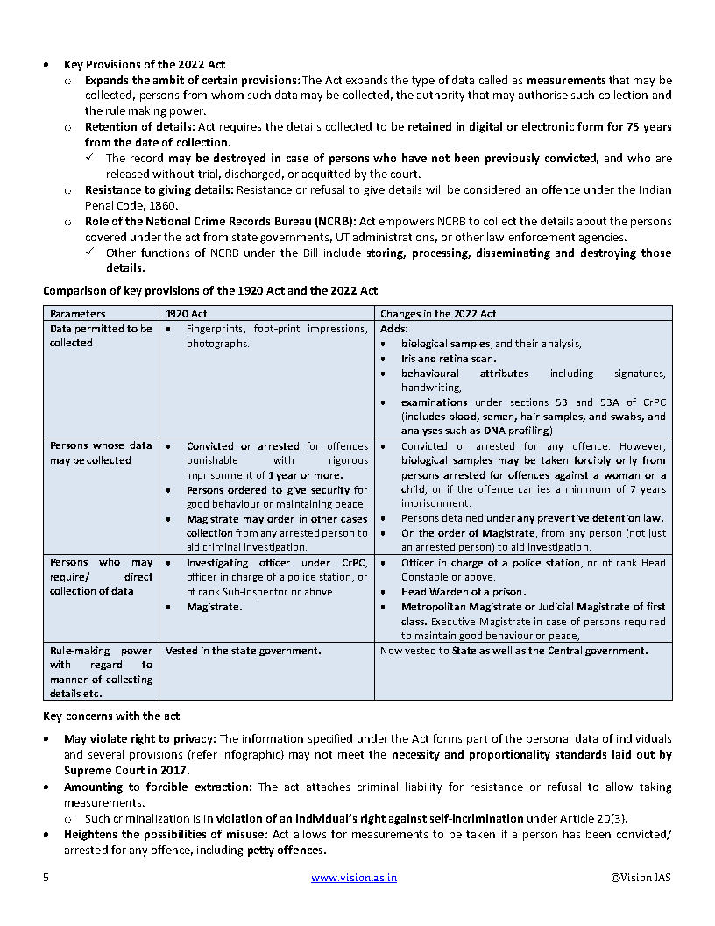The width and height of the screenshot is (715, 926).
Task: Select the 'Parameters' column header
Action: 77,313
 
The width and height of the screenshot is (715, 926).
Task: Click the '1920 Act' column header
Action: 187,313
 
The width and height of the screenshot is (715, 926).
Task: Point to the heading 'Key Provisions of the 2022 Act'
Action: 145,65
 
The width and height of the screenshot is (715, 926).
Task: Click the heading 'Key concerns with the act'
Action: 111,716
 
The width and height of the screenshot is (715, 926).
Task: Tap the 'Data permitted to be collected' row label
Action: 101,336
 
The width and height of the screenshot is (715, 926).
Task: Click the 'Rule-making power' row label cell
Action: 101,672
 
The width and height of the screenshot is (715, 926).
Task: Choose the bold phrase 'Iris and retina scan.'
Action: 449,358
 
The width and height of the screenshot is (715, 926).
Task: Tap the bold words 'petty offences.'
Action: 287,851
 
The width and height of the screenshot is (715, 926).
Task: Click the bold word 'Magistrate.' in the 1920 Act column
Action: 215,606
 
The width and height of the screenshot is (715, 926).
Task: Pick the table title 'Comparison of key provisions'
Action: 210,290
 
